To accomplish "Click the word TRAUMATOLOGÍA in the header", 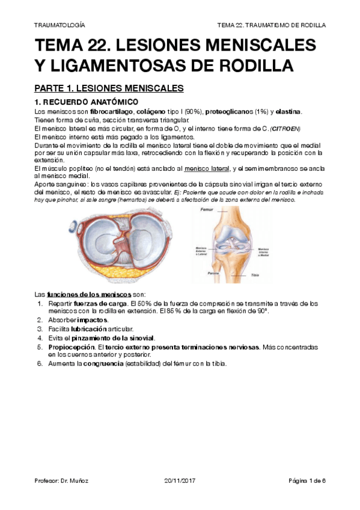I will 59,26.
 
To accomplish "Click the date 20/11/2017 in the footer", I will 180,481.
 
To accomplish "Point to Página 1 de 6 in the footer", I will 307,481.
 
